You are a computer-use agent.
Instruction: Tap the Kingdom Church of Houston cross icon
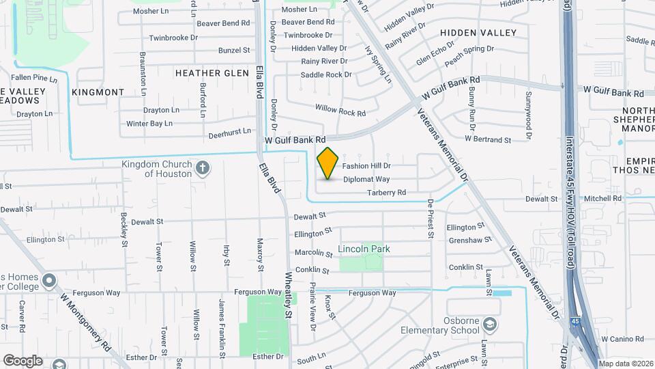coord(203,168)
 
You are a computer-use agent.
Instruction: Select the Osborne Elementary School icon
coord(489,323)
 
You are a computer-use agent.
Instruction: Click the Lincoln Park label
coord(364,249)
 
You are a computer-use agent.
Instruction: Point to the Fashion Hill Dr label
coord(366,166)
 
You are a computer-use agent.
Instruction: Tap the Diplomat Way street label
coord(366,179)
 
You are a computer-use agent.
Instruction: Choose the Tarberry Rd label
coord(387,193)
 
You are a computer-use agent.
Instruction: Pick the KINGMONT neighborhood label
coord(98,92)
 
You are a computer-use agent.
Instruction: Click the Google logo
coord(23,360)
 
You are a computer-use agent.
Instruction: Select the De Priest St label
coord(430,219)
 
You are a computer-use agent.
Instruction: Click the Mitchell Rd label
coord(603,198)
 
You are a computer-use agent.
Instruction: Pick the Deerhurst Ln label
coord(230,131)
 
